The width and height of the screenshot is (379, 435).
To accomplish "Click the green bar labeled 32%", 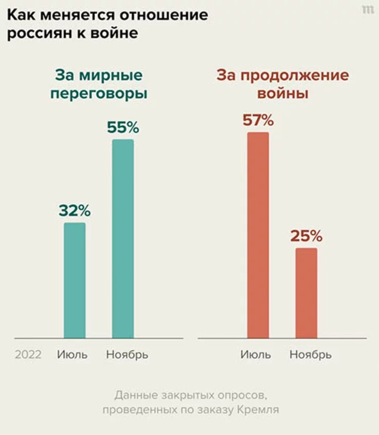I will click(75, 280).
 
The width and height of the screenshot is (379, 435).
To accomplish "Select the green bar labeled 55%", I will click(123, 239).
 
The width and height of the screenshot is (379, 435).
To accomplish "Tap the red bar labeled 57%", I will click(258, 235).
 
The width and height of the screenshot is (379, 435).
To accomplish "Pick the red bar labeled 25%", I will click(307, 293).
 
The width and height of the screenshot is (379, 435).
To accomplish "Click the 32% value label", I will click(75, 211).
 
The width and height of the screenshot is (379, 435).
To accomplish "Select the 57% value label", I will click(258, 121).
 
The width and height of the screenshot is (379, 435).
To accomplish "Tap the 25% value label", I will click(307, 236).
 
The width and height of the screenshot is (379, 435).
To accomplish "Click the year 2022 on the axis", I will click(28, 355).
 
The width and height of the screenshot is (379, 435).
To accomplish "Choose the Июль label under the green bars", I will click(72, 355).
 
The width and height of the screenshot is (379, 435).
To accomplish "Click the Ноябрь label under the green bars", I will click(127, 355).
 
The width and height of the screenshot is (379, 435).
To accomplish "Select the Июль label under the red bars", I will click(256, 355).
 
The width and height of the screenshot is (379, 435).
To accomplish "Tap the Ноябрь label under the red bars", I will click(311, 355).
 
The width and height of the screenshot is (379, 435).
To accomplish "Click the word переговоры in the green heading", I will click(98, 95).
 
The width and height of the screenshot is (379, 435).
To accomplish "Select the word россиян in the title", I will click(37, 34).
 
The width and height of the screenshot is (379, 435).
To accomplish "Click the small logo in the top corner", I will click(368, 9).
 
